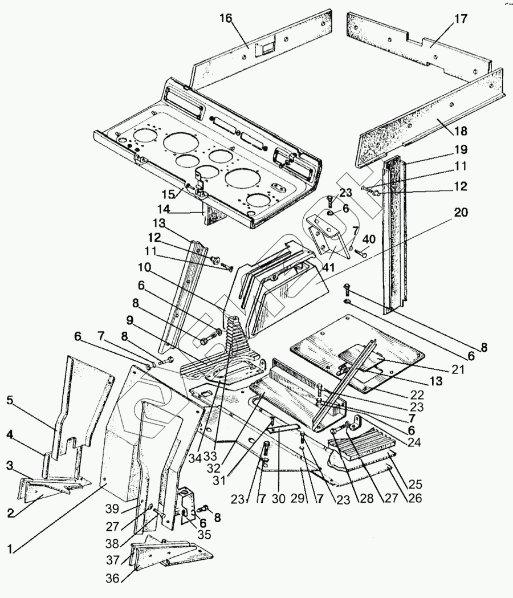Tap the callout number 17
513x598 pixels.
(x=460, y=19)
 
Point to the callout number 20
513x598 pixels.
(x=461, y=213)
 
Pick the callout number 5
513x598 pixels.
(x=10, y=400)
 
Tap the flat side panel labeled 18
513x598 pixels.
(x=433, y=114)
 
